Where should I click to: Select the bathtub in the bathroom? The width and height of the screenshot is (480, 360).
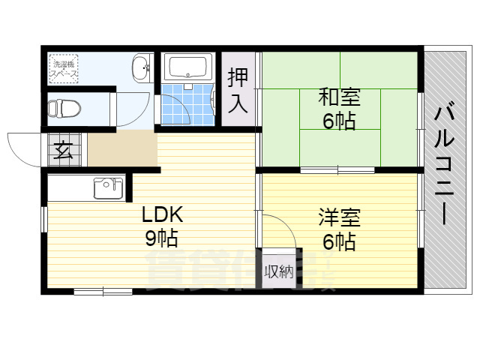coord(189,69)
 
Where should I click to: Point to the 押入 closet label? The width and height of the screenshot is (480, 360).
coord(238,89)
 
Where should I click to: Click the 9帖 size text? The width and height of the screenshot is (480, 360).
coord(161,240)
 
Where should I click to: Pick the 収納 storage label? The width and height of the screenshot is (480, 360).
coord(278,271)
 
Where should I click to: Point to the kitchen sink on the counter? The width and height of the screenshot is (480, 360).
coord(108,187)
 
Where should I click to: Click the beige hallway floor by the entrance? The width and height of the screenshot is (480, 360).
coord(122,150)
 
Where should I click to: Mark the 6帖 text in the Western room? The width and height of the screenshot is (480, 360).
coord(339,242)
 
